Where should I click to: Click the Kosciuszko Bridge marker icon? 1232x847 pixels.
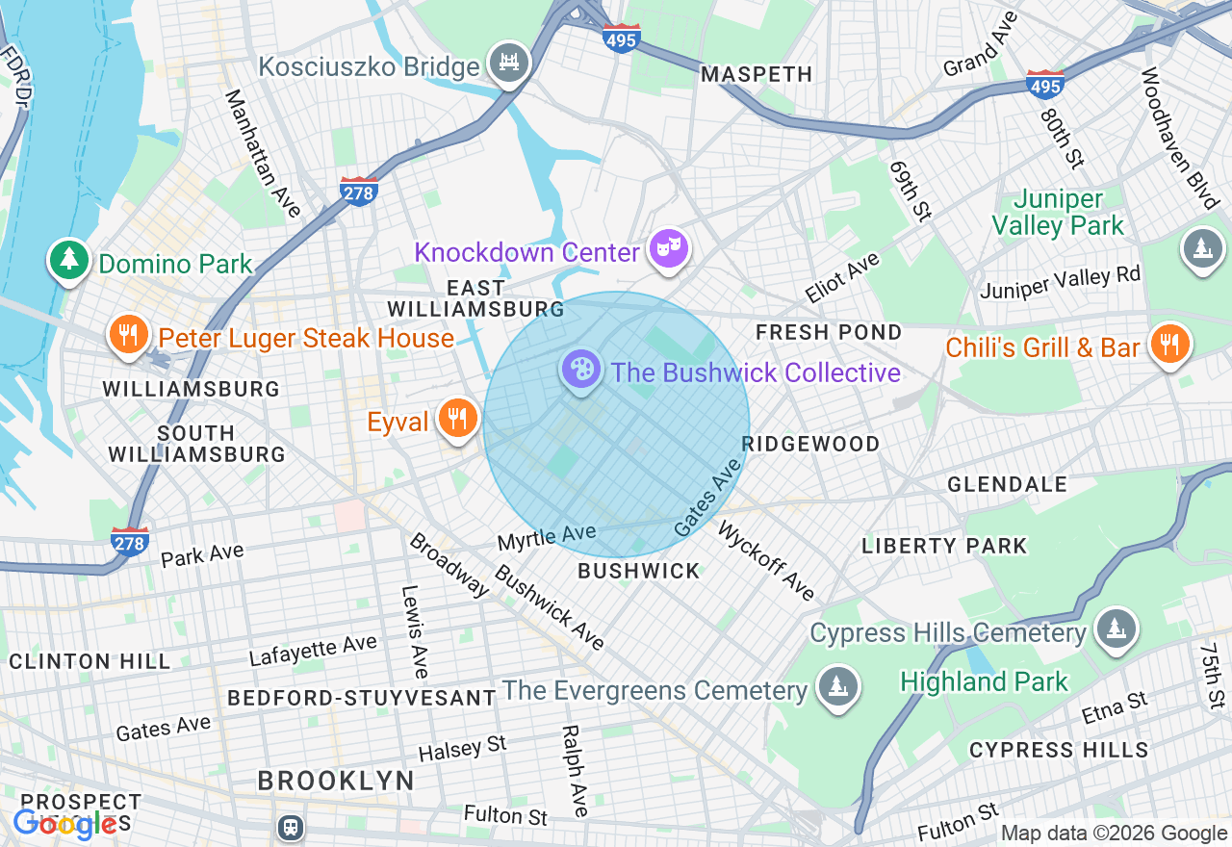(x=509, y=64)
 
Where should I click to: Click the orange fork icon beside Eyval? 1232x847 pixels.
(x=457, y=419)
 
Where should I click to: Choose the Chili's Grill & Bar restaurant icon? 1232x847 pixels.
(x=1169, y=344)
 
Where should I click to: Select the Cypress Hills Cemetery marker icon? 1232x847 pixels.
(x=1116, y=629)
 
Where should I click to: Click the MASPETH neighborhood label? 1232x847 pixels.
(x=757, y=74)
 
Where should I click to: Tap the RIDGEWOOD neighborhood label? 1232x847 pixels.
(x=810, y=444)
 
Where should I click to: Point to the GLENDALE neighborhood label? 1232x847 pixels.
(x=1007, y=484)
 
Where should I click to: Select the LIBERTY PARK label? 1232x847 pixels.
(x=944, y=546)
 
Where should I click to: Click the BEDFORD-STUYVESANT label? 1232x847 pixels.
(x=362, y=698)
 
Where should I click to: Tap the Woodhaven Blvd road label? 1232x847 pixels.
(x=1179, y=138)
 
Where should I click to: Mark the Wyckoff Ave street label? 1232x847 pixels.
(x=766, y=561)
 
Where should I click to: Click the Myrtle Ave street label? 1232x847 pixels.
(x=546, y=536)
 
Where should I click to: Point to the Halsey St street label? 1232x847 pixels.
(x=462, y=748)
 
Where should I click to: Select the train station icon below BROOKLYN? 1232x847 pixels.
(x=290, y=827)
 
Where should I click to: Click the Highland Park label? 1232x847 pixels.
(x=984, y=682)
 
